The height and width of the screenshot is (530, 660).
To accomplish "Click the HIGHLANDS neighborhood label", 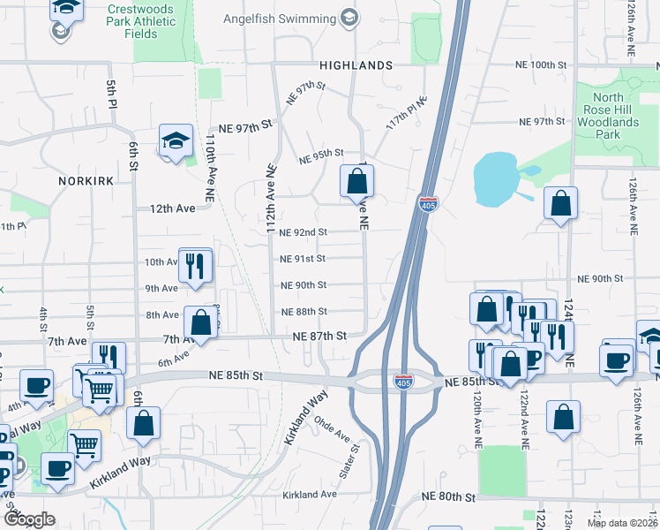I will [356, 65].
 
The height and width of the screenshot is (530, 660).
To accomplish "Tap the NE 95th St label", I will [320, 157].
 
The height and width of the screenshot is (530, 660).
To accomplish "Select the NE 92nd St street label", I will [303, 232].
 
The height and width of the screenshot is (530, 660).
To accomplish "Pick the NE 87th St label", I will [320, 337].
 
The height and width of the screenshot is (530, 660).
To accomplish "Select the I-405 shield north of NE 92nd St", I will [428, 205].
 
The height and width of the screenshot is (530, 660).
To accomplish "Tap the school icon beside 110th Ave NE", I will [176, 141].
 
